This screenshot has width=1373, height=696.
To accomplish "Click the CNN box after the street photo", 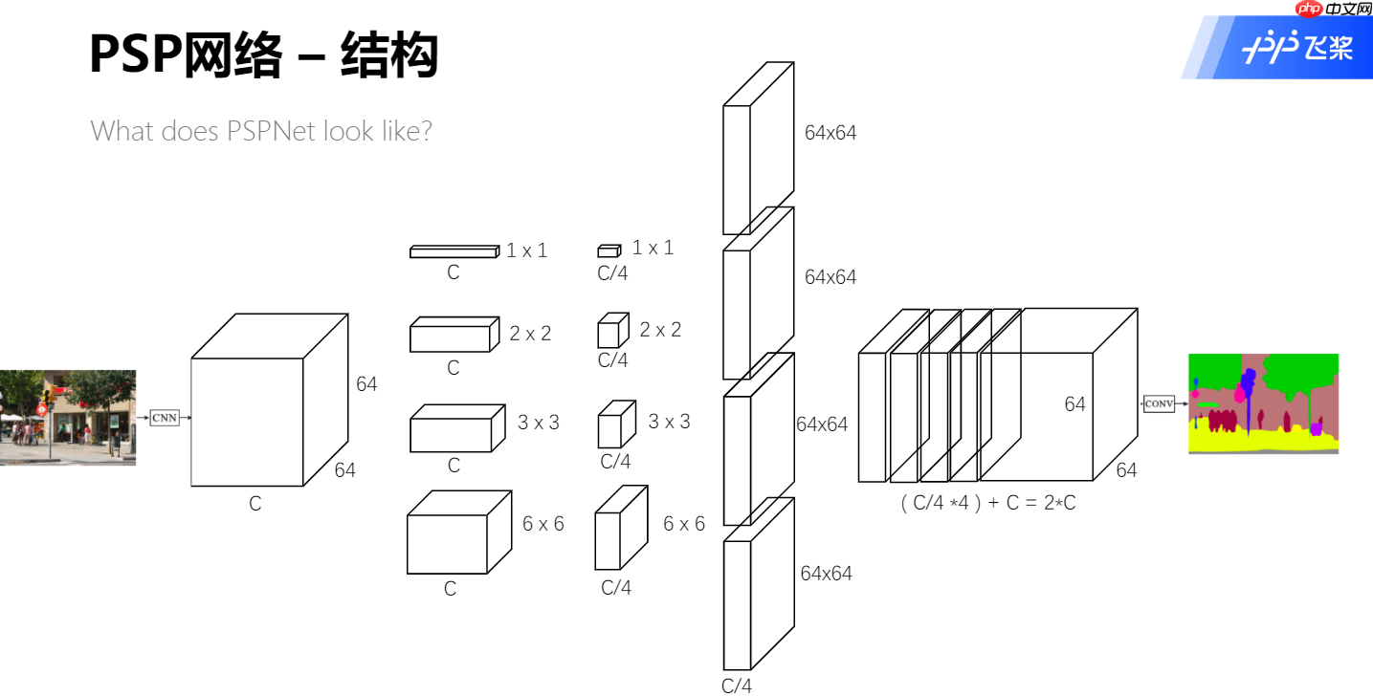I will [x=164, y=418].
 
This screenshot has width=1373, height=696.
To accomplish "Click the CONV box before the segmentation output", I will [x=1159, y=404].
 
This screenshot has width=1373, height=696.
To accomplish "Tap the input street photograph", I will [x=67, y=418].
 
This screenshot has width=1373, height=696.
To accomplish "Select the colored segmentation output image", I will [x=1263, y=403].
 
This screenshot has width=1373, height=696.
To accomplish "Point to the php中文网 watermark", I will [x=1332, y=10].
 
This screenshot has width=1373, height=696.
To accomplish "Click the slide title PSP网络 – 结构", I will [x=263, y=54].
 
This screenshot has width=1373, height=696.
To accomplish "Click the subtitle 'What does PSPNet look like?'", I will [x=261, y=131].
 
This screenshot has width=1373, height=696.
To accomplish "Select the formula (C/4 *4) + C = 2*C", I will [x=987, y=502].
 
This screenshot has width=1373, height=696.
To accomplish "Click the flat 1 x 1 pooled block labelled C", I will [x=454, y=251].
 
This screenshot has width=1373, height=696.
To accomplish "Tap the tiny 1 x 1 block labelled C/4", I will [x=609, y=250].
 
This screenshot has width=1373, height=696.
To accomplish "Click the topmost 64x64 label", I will [x=830, y=133].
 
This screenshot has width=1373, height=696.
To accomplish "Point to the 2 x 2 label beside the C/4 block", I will [x=660, y=330].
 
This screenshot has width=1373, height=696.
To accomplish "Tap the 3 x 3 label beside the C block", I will [x=538, y=423].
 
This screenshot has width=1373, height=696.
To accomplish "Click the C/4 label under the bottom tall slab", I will [x=736, y=685].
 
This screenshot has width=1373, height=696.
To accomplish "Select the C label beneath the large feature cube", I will [x=255, y=504].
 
